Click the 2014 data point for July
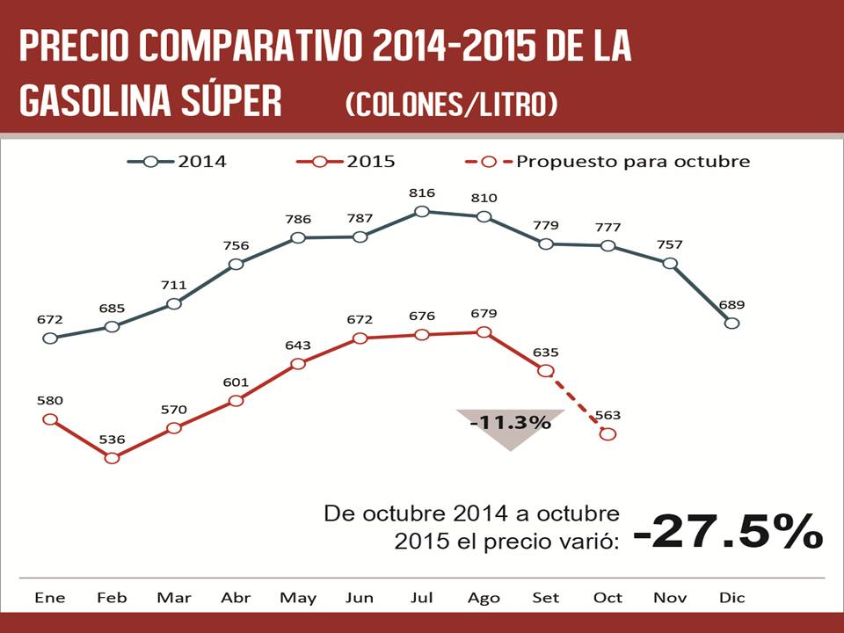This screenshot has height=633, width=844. click(x=422, y=211)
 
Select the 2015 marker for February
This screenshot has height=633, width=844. click(x=112, y=458)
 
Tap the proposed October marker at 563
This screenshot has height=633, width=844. click(x=608, y=434)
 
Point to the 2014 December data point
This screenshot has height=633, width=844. click(x=731, y=323)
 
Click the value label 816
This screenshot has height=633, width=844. click(x=422, y=192)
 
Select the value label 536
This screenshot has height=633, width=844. click(x=112, y=439)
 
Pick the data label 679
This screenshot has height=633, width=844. click(x=484, y=313)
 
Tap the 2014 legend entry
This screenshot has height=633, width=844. click(x=177, y=162)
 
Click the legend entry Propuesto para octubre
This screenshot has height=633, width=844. click(x=607, y=162)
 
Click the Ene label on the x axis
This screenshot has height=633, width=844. click(x=50, y=598)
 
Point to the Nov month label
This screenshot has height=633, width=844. click(x=670, y=598)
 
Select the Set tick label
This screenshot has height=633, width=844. click(x=545, y=598)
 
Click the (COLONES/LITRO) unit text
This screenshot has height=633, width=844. click(x=452, y=105)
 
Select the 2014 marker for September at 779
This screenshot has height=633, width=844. click(x=546, y=244)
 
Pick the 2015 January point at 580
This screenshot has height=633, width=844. click(x=50, y=419)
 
